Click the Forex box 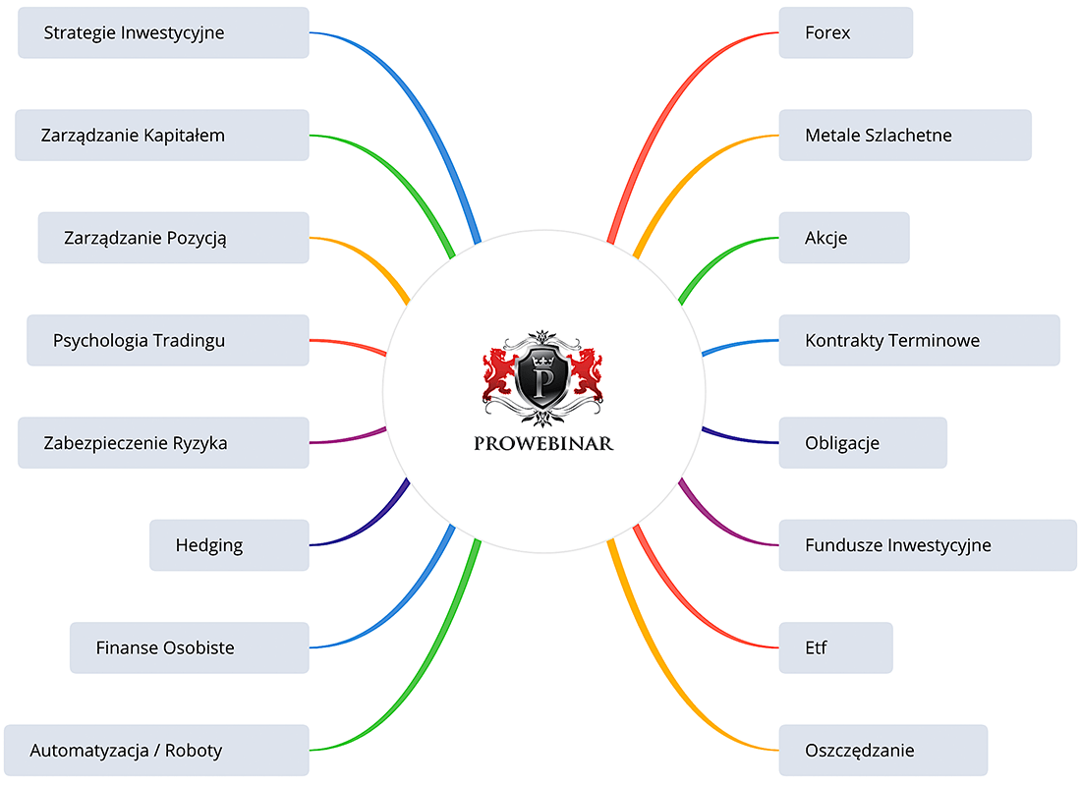click(x=845, y=32)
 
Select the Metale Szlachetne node click(x=904, y=135)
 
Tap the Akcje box click(x=843, y=238)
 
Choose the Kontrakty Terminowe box click(x=918, y=340)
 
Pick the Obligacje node click(x=862, y=442)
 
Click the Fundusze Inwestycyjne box click(x=927, y=545)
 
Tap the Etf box click(x=835, y=647)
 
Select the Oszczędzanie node click(x=882, y=751)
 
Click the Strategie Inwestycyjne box click(x=163, y=32)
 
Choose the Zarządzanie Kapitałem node click(x=161, y=135)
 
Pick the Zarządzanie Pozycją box click(x=173, y=238)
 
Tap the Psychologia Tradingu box click(x=167, y=340)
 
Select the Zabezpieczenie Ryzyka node click(x=163, y=442)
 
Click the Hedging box click(x=228, y=545)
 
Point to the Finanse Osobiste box click(x=189, y=647)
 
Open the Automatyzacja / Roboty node click(x=156, y=751)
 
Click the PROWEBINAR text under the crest click(x=543, y=443)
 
